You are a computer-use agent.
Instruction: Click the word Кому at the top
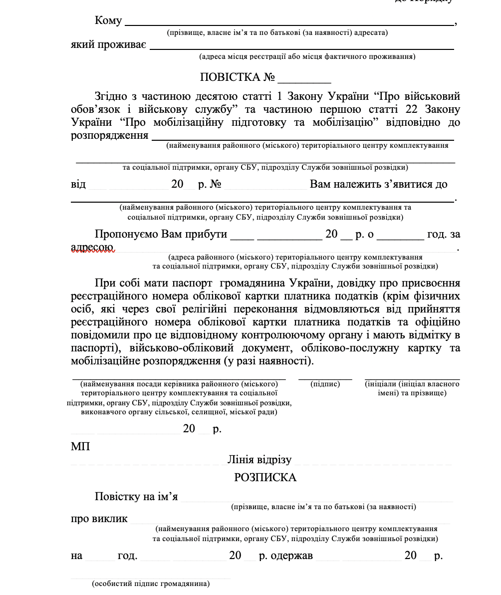click(108, 20)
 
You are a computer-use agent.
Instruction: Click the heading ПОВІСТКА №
click(238, 77)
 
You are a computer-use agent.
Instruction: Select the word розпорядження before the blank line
click(110, 135)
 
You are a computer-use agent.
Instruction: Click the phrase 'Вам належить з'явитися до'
click(378, 184)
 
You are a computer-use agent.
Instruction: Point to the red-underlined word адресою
click(93, 247)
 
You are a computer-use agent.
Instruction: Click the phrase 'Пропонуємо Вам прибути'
click(161, 234)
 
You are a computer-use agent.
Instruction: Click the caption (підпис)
click(325, 384)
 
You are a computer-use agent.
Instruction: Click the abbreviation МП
click(80, 446)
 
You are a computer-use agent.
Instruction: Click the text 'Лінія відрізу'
click(259, 459)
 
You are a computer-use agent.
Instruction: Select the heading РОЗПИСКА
click(265, 478)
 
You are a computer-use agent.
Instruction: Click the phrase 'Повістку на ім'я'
click(136, 497)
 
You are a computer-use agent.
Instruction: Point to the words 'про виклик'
click(99, 518)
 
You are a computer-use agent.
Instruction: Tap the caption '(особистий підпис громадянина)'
click(151, 583)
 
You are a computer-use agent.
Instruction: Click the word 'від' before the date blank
click(78, 184)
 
